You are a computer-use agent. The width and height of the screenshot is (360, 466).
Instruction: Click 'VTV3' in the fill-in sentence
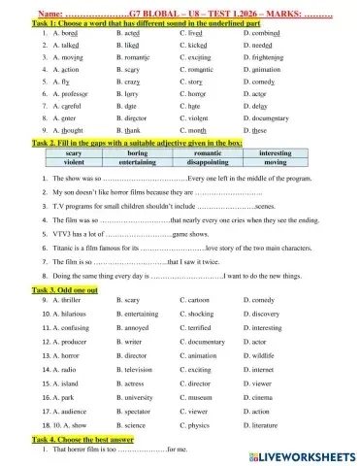(x=56, y=235)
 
